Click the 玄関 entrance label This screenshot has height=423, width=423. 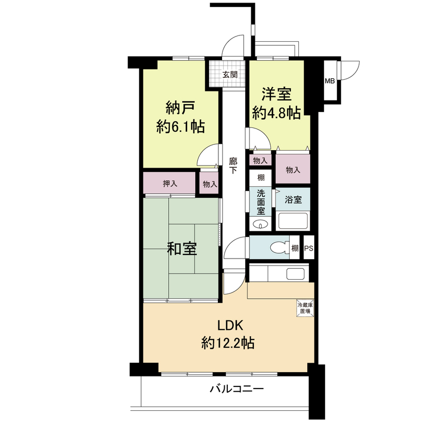tap(229, 75)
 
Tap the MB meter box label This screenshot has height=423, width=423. tap(329, 81)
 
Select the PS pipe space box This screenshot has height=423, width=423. tap(309, 248)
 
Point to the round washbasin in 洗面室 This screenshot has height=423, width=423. tap(261, 225)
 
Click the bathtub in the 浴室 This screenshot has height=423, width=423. tap(292, 221)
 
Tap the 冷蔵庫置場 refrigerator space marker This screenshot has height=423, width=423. tap(305, 308)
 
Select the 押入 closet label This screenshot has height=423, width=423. tap(170, 183)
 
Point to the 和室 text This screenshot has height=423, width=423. tap(182, 249)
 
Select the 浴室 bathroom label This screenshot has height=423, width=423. tap(293, 200)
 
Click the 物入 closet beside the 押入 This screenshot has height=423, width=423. tap(210, 184)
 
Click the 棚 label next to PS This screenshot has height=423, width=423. tap(295, 248)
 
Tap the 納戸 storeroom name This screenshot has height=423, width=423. tap(180, 108)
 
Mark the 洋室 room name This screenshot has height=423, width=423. tap(277, 94)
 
